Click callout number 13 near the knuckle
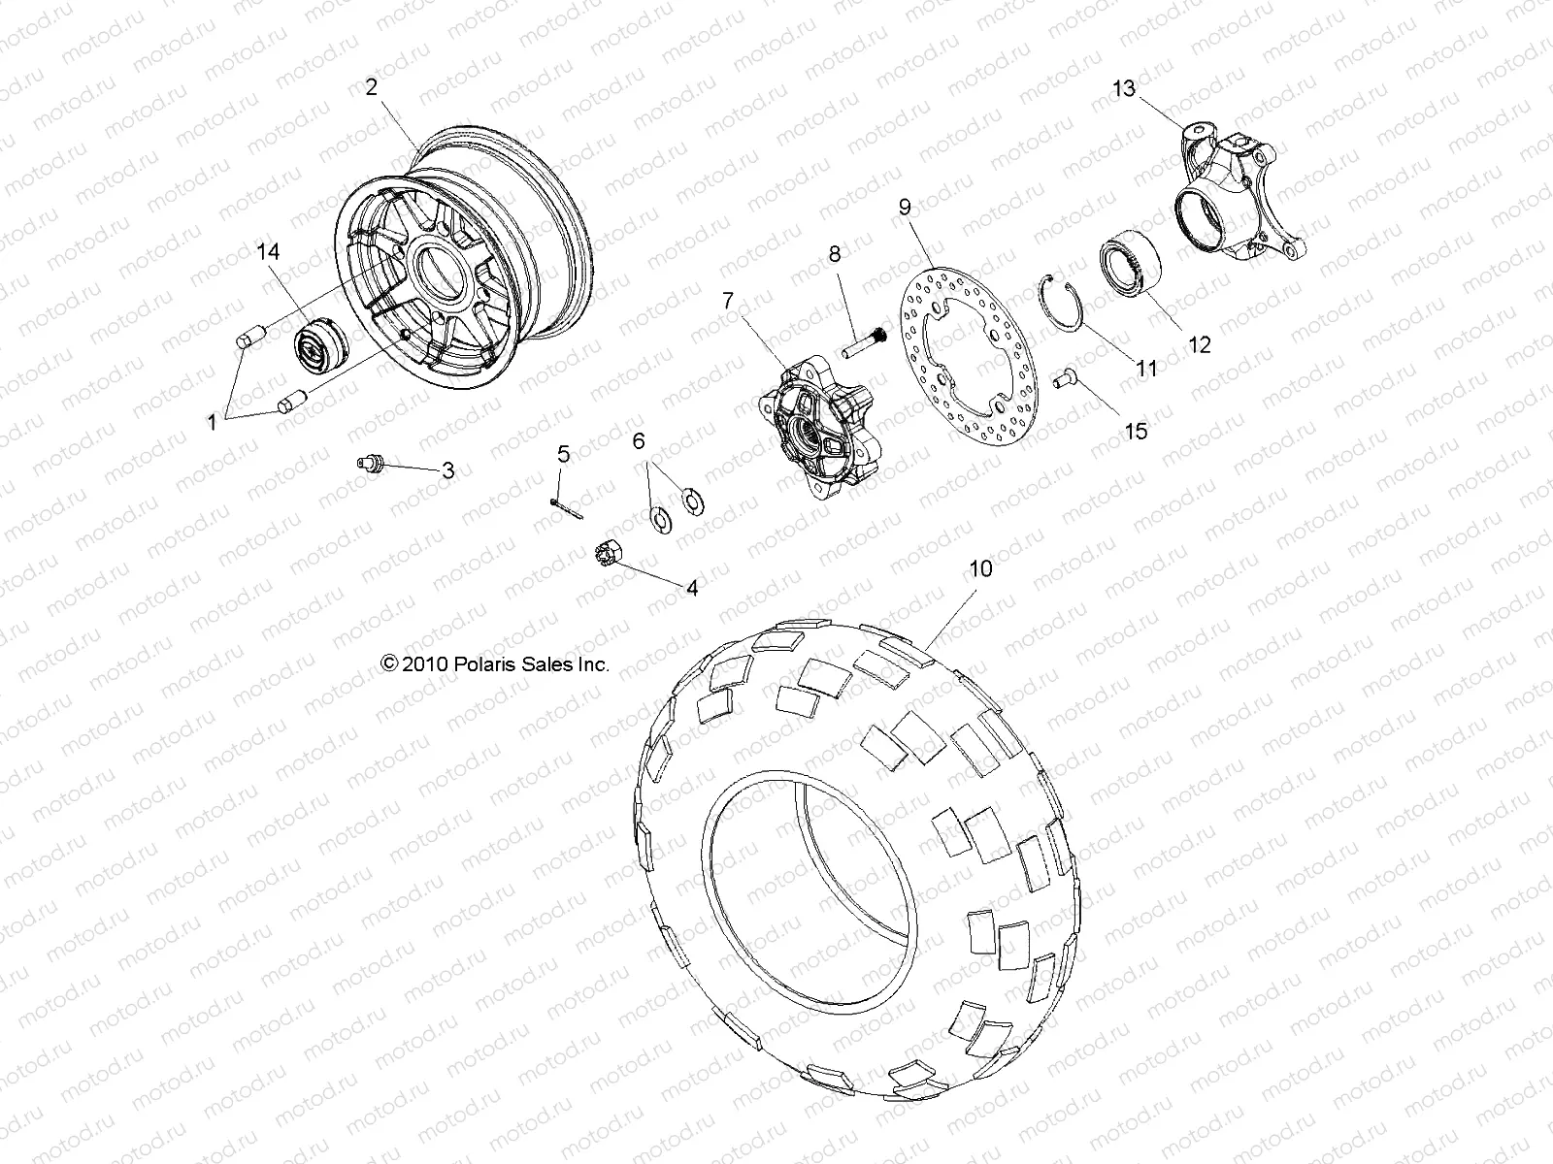click(1123, 89)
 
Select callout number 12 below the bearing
click(1200, 344)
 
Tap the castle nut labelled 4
click(607, 555)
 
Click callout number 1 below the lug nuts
click(213, 422)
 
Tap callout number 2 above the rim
click(371, 87)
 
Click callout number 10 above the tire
click(981, 568)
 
